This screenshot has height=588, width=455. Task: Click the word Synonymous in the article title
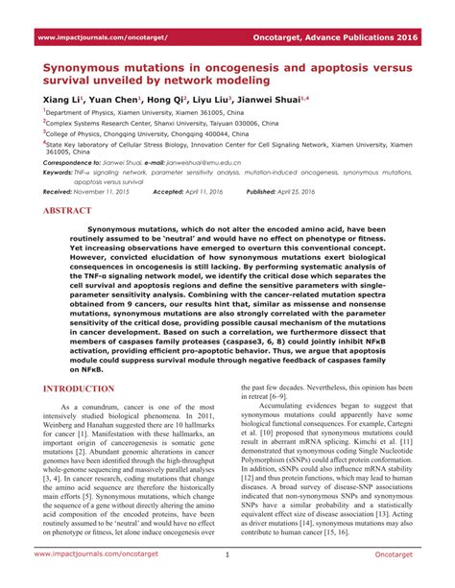click(95, 69)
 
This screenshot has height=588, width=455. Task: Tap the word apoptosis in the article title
click(327, 69)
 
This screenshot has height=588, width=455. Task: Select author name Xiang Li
click(63, 100)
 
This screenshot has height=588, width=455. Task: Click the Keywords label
click(60, 173)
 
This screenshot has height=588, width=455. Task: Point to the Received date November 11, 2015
click(109, 192)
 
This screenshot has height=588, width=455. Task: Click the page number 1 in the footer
click(227, 554)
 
